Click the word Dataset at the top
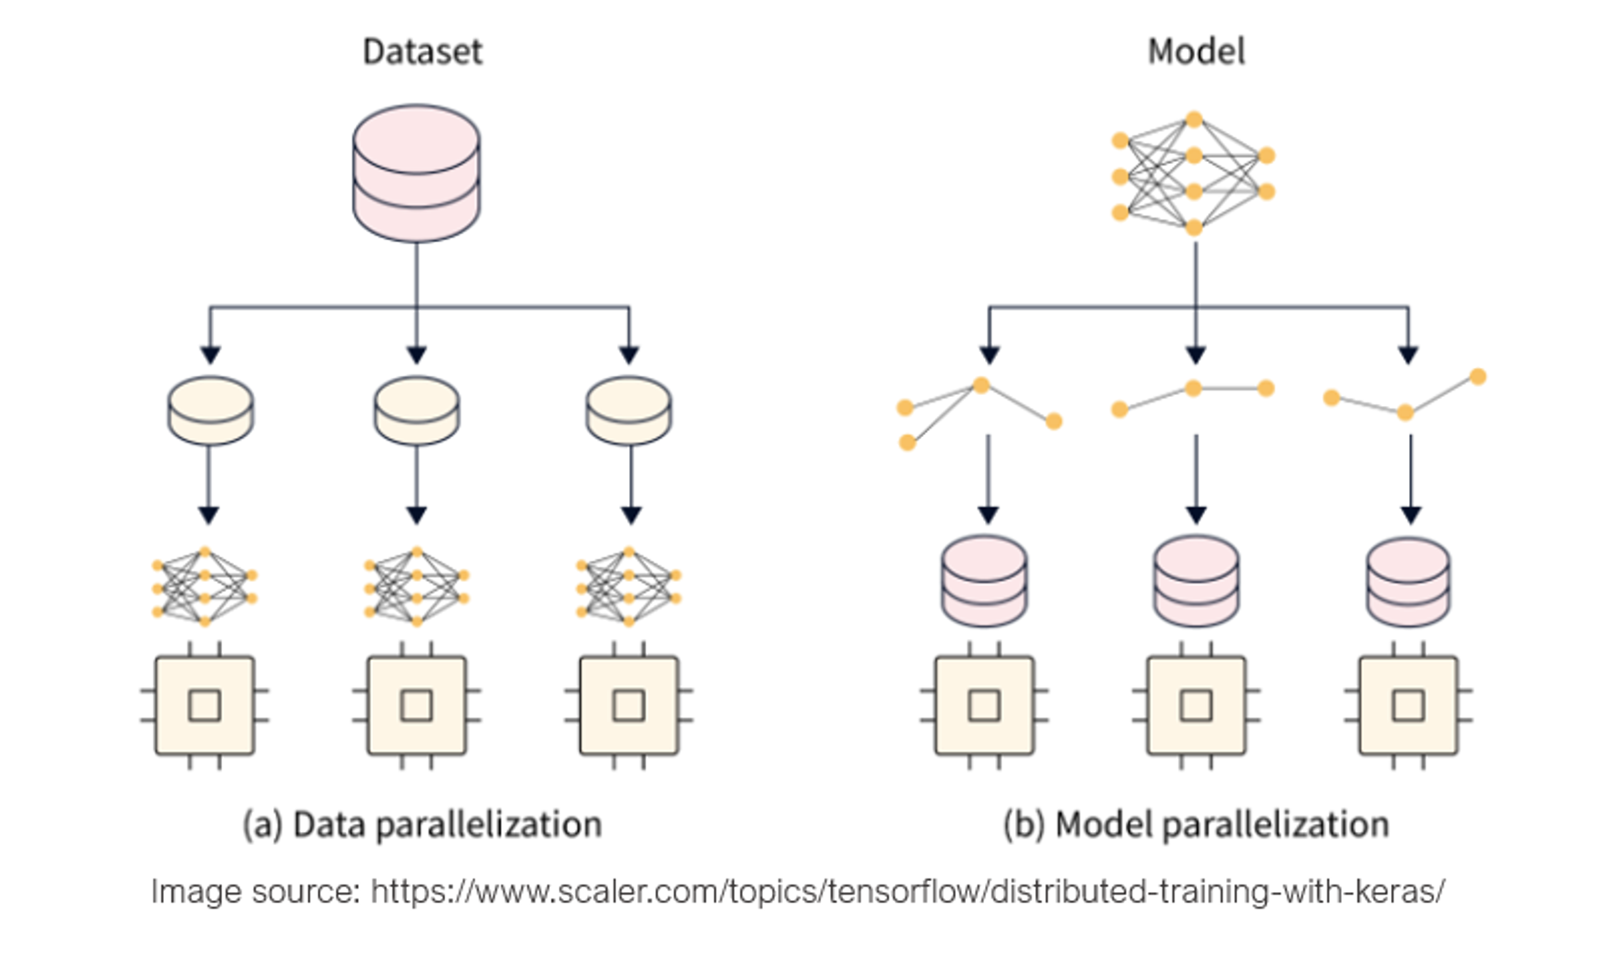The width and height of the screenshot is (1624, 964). (421, 52)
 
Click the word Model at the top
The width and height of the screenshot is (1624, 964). (1195, 52)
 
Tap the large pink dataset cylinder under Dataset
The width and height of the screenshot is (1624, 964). (416, 173)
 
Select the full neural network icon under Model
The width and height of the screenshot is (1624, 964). (1193, 174)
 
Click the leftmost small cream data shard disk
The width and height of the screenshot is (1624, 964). (210, 411)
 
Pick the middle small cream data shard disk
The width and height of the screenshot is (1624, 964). (416, 411)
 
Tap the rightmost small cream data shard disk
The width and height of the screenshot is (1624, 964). (628, 411)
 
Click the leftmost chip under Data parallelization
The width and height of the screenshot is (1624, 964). (205, 705)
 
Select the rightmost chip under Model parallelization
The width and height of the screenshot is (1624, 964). (1408, 705)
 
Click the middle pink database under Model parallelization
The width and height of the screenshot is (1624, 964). (1195, 581)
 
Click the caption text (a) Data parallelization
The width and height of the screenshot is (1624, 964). (421, 825)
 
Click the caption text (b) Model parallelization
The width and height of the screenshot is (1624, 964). (1195, 825)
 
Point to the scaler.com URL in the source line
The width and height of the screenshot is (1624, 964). (907, 891)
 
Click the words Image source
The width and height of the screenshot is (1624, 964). (255, 891)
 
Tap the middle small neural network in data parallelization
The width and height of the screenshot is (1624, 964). (416, 586)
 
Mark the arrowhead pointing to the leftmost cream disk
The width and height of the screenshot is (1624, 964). (210, 354)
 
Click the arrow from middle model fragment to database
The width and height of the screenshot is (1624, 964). (1196, 478)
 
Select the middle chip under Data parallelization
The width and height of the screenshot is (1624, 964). (416, 705)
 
